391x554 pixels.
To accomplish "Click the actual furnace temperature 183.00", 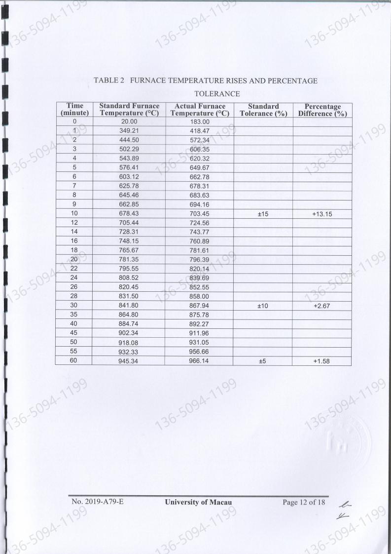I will [x=200, y=121].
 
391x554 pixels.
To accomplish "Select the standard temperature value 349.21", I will [x=128, y=131].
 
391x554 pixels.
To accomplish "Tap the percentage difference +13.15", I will [x=321, y=214].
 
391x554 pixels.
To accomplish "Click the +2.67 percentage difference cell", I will [x=321, y=306].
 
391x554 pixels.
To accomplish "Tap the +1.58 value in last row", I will [x=321, y=360].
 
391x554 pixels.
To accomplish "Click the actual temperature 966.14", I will [x=200, y=360].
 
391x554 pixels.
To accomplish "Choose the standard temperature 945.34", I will [x=128, y=360].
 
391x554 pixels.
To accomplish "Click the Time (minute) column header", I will [x=74, y=110].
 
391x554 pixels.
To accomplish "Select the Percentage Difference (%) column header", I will [x=322, y=110].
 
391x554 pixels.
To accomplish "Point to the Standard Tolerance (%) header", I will [x=263, y=110].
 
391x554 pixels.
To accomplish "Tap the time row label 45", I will [x=74, y=333].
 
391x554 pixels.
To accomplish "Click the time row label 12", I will [x=74, y=223].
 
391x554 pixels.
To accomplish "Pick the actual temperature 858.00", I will [x=200, y=296].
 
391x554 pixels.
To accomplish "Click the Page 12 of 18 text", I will [x=304, y=503].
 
